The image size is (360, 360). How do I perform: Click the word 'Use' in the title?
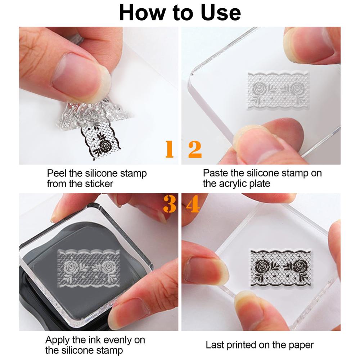[220, 12]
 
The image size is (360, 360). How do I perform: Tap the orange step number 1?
[170, 149]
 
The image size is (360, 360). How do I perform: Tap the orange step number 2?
[195, 149]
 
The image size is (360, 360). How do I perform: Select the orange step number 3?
[170, 204]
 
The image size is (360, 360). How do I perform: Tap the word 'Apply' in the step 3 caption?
[57, 340]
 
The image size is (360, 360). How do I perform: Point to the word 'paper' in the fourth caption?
[301, 346]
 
